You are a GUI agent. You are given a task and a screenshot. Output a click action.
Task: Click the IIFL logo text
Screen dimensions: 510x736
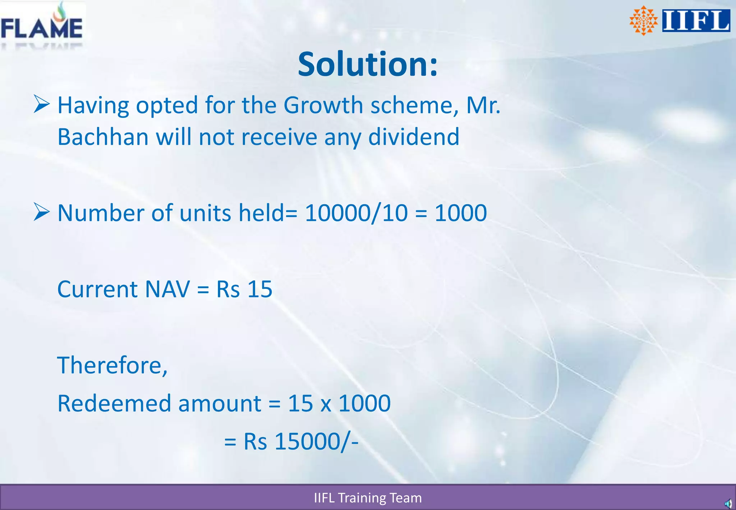click(696, 21)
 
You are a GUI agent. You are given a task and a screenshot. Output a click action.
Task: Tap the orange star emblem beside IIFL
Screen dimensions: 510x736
click(643, 21)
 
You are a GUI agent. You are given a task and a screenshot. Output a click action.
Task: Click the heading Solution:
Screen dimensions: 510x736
click(368, 64)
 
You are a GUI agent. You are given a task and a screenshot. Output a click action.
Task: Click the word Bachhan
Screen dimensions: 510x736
click(103, 137)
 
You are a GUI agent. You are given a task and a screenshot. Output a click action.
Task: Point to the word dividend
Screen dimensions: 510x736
click(414, 137)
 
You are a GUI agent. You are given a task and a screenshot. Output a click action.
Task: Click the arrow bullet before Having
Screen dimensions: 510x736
click(41, 104)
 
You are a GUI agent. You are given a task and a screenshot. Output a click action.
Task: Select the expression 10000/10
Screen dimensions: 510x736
click(356, 213)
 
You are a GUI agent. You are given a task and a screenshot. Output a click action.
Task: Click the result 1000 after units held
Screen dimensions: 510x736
click(461, 213)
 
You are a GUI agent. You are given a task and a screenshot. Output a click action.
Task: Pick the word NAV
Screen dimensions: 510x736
click(167, 289)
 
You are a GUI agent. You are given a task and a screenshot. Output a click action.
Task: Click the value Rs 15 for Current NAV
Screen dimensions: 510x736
click(244, 289)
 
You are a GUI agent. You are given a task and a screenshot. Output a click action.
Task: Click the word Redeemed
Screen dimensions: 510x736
click(114, 404)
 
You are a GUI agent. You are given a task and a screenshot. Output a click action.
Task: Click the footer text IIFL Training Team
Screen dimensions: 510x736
click(368, 498)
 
